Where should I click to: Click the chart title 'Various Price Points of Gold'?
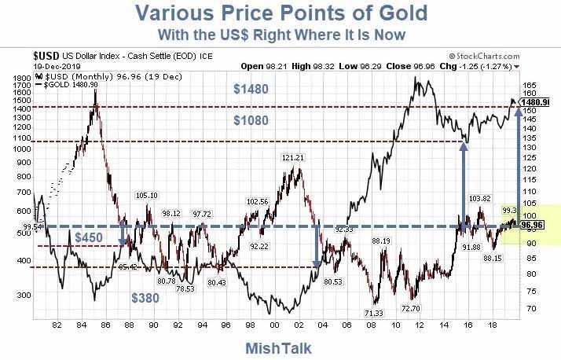pyautogui.click(x=280, y=13)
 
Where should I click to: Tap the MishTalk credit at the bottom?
pyautogui.click(x=279, y=347)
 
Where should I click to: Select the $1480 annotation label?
pyautogui.click(x=251, y=90)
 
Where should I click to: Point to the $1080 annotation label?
pyautogui.click(x=251, y=120)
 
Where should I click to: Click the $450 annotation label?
pyautogui.click(x=88, y=237)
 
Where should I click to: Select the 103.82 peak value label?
pyautogui.click(x=479, y=198)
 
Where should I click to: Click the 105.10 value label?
pyautogui.click(x=148, y=195)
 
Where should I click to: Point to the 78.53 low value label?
pyautogui.click(x=185, y=288)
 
